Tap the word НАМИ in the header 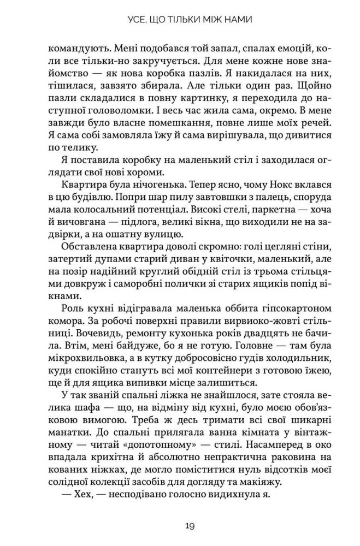(242, 21)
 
